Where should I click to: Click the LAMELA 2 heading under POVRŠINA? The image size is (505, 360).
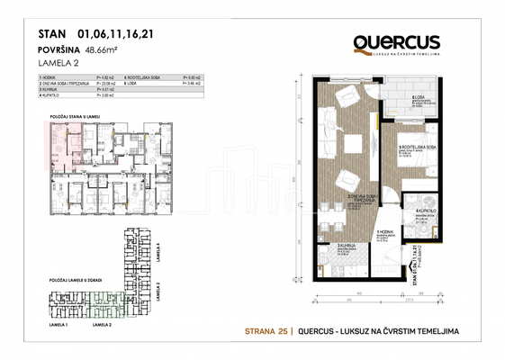[x=61, y=64]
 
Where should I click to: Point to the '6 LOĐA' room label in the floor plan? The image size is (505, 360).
[x=419, y=99]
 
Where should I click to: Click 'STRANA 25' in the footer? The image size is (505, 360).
[x=266, y=331]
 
